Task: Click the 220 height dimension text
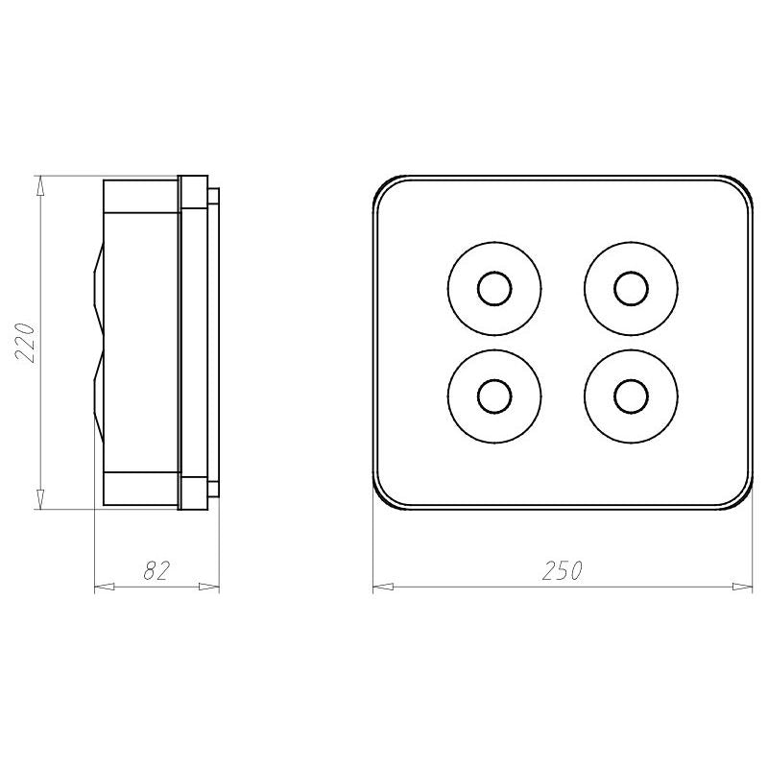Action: [x=26, y=343]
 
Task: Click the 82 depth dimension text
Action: [x=156, y=571]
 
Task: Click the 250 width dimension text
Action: [x=563, y=571]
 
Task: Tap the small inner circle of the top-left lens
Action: [x=494, y=289]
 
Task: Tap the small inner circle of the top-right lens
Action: [x=632, y=289]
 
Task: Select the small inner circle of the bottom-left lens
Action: [x=494, y=396]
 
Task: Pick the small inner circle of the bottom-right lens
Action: [x=632, y=396]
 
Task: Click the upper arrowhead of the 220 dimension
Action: [x=40, y=186]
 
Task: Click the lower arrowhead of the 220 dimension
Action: [x=40, y=498]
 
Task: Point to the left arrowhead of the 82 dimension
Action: [x=105, y=587]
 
